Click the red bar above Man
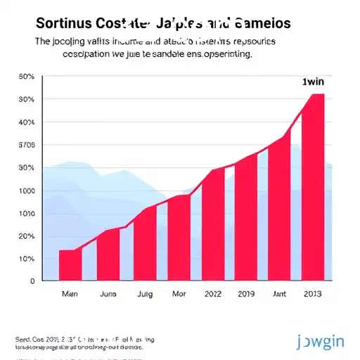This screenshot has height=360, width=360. pyautogui.click(x=70, y=264)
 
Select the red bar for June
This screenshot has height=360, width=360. pyautogui.click(x=108, y=255)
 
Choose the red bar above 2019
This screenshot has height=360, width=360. pyautogui.click(x=245, y=218)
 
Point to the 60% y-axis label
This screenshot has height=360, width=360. pyautogui.click(x=26, y=77)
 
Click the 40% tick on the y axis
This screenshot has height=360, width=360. pyautogui.click(x=26, y=122)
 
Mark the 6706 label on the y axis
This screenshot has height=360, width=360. pyautogui.click(x=26, y=146)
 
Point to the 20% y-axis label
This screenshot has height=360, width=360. pyautogui.click(x=26, y=236)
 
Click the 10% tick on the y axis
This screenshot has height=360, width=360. pyautogui.click(x=26, y=259)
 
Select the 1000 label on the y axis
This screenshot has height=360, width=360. pyautogui.click(x=26, y=191)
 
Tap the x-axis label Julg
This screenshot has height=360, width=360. pyautogui.click(x=144, y=295)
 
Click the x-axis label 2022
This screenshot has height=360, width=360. pyautogui.click(x=213, y=295)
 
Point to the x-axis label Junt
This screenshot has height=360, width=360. pyautogui.click(x=279, y=295)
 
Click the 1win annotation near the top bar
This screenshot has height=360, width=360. pyautogui.click(x=307, y=82)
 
